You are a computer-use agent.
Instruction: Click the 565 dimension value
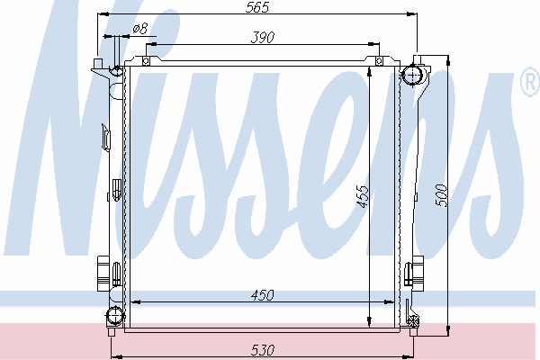click(256, 7)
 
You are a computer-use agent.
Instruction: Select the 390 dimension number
click(263, 38)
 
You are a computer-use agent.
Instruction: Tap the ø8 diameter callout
click(140, 28)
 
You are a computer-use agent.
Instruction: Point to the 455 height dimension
click(363, 197)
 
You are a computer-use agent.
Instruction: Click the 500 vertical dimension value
click(441, 195)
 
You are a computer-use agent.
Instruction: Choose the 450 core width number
click(263, 295)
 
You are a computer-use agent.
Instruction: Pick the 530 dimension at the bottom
click(263, 350)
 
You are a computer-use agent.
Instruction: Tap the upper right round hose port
click(413, 74)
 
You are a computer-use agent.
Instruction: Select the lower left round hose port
click(114, 316)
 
